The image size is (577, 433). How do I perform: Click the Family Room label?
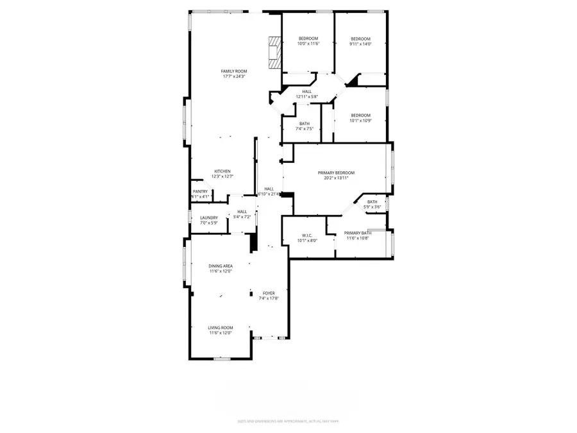[x=234, y=71]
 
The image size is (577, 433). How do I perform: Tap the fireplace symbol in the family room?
[x=274, y=51]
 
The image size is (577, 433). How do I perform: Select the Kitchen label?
[x=222, y=171]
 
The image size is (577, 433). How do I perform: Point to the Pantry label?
[x=200, y=191]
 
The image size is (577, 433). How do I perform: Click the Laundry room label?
[x=209, y=217]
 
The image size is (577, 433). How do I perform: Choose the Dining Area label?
[x=220, y=266]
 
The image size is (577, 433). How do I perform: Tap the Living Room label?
[x=220, y=327]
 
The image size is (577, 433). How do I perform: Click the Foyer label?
[x=269, y=293]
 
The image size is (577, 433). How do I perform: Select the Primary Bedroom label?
[x=337, y=173]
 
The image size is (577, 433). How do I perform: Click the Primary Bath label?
[x=358, y=233]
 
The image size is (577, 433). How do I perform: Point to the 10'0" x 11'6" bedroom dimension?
[x=308, y=44]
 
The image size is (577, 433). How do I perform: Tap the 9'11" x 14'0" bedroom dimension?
[x=360, y=44]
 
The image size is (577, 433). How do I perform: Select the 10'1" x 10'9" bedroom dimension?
[x=360, y=121]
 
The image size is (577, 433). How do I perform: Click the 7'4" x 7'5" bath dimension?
[x=304, y=129]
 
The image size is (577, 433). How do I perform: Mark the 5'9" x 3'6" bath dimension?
[x=372, y=207]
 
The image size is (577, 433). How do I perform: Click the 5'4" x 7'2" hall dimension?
[x=242, y=217]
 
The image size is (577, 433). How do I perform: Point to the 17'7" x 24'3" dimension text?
[x=234, y=76]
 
